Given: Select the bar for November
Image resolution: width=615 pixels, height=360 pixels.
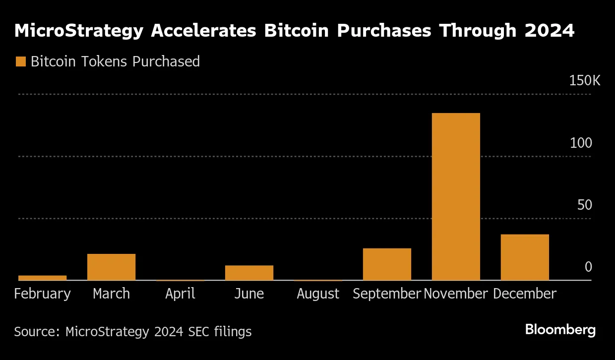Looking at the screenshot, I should click(456, 196).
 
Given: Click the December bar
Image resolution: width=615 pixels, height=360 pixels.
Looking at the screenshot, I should click(525, 257).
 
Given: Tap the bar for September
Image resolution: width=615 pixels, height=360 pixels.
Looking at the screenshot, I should click(387, 264).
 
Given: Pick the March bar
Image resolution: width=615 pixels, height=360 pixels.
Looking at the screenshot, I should click(111, 267).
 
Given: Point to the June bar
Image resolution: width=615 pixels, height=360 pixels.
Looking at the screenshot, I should click(249, 273).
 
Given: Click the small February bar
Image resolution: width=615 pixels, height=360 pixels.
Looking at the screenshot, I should click(42, 278).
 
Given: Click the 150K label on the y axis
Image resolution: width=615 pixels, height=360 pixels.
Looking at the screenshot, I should click(584, 81).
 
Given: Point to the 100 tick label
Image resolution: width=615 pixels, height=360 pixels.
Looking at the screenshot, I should click(581, 143).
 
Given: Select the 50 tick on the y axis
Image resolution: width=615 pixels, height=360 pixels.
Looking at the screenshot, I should click(584, 205).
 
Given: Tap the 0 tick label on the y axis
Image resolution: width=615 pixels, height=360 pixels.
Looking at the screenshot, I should click(588, 267).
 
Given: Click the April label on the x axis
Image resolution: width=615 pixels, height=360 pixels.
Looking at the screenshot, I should click(180, 294).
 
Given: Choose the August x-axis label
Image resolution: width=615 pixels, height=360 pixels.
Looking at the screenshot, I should click(318, 294).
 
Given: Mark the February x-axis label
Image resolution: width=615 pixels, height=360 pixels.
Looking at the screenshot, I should click(42, 294).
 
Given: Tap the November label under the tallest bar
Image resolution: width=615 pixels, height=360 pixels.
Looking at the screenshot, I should click(456, 294).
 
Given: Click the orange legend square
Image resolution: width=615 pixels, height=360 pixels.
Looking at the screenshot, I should click(20, 61).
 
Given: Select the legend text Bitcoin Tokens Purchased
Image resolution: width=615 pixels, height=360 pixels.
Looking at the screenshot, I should click(115, 61).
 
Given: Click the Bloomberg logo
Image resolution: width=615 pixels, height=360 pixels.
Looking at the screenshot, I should click(560, 330).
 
